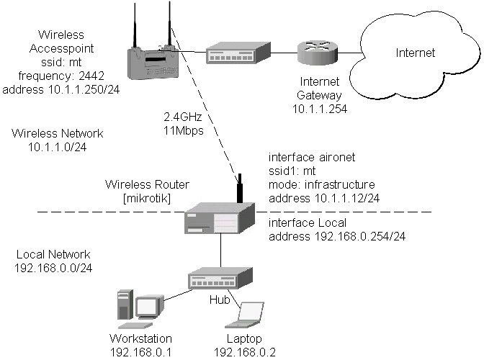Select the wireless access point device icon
click(153, 59)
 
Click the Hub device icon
click(220, 277)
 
